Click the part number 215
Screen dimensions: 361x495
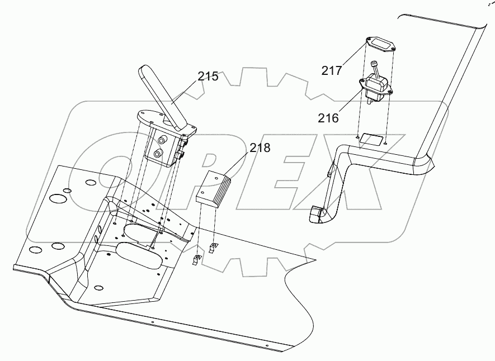(x=208, y=77)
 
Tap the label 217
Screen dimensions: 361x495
(x=332, y=70)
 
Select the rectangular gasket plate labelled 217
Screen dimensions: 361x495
(x=379, y=44)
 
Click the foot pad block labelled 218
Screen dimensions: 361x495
(x=215, y=188)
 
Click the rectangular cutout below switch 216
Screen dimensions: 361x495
(x=371, y=138)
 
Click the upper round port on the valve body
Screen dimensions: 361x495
(x=164, y=140)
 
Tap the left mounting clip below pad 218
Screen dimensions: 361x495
(x=196, y=258)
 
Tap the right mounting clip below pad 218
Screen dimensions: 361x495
(x=213, y=246)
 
